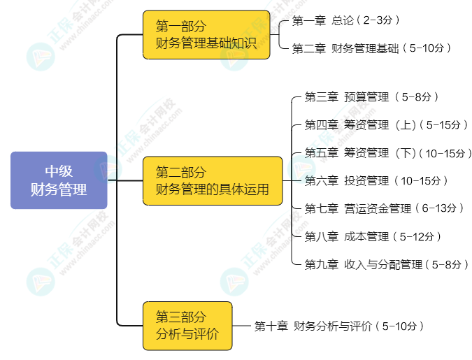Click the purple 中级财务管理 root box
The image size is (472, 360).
click(x=59, y=180)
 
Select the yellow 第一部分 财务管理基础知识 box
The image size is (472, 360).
click(x=206, y=35)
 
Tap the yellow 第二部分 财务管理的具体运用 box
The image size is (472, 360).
click(x=213, y=180)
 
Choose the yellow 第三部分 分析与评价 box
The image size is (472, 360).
click(x=187, y=326)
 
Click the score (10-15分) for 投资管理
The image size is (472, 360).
click(x=421, y=180)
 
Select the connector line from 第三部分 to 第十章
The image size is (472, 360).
click(x=241, y=326)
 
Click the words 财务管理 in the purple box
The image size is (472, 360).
click(x=59, y=189)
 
